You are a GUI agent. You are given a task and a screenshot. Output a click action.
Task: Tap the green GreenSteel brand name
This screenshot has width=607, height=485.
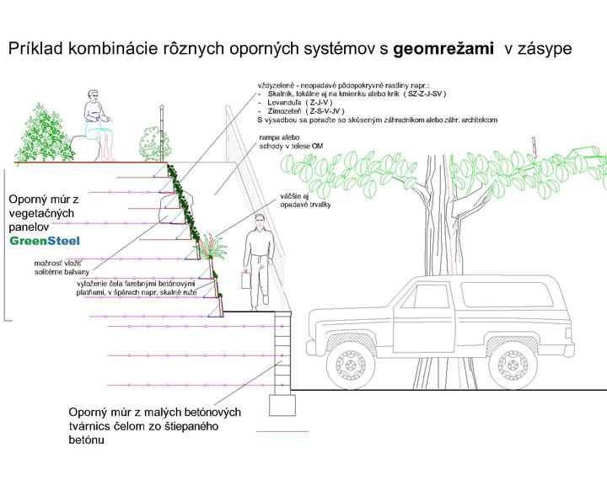(45, 241)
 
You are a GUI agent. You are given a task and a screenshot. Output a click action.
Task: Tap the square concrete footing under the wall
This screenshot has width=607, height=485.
(282, 405)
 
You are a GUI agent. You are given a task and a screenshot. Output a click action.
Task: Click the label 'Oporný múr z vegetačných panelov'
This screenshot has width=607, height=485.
(43, 214)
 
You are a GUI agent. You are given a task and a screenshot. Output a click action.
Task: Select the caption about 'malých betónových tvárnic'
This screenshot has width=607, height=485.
(155, 425)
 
